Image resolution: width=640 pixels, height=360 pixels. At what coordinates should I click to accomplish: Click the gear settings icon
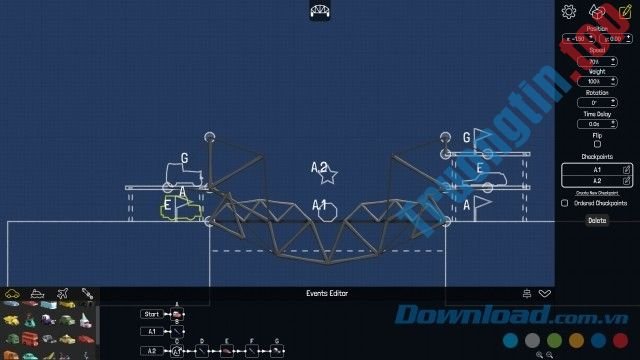coord(570,12)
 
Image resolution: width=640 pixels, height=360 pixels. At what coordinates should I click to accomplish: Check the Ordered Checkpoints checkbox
coord(566,203)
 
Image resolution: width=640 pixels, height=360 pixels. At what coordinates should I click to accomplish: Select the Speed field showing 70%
coord(597,61)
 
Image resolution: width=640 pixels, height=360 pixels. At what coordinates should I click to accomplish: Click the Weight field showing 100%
coord(597,81)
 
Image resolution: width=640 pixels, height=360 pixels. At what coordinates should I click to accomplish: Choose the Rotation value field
coord(597,102)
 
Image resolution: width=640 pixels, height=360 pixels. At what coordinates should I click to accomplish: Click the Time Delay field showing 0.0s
coord(597,124)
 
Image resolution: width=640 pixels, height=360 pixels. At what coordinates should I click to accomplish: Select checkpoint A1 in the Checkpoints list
coord(597,170)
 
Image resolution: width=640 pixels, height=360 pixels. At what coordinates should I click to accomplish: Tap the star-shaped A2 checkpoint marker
coord(327,175)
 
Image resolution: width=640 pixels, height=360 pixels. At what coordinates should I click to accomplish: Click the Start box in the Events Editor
coord(152,314)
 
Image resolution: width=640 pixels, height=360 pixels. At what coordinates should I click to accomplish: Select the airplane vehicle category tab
coord(61,294)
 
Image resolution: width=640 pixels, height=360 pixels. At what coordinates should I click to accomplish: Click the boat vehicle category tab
coord(37,294)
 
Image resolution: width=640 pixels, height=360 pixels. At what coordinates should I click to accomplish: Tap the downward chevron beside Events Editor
coord(545,293)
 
